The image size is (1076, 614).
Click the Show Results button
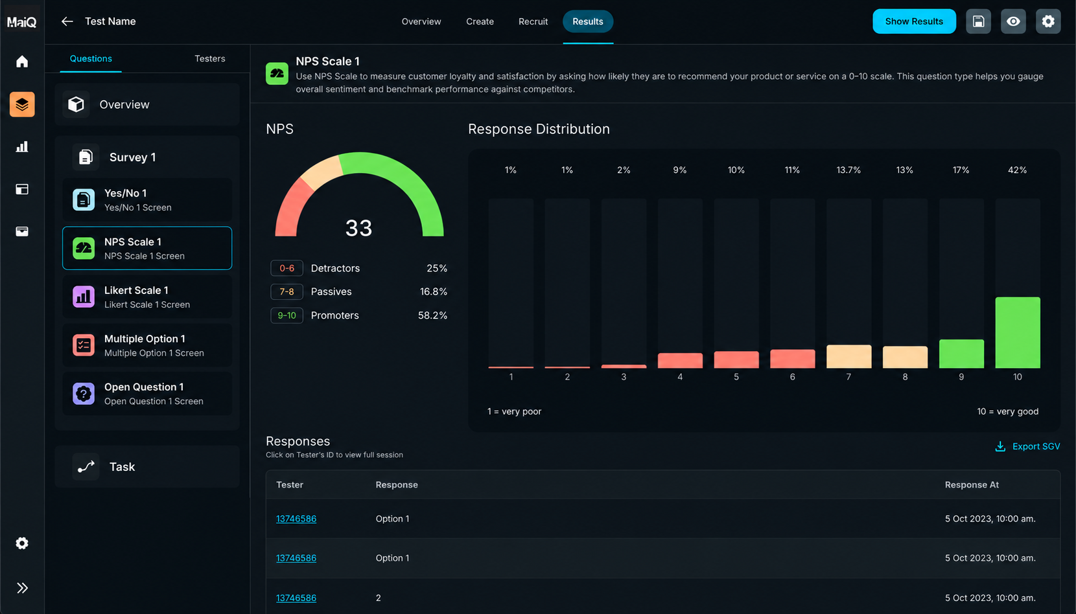914,21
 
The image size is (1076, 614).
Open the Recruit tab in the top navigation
533,21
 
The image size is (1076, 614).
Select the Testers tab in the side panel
209,58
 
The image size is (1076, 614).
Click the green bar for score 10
1018,332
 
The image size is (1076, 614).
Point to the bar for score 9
961,354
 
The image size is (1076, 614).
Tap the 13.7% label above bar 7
848,170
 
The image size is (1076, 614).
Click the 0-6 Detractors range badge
287,268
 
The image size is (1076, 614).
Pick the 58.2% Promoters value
432,315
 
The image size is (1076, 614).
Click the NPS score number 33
358,228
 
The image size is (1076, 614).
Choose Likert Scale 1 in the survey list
147,297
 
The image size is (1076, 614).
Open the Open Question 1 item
147,394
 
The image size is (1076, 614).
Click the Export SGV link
1027,446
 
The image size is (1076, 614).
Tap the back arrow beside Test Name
67,21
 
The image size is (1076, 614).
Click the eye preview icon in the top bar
1013,21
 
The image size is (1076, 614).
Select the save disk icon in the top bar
979,21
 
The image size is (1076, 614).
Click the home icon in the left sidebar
22,62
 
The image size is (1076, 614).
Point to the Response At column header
972,485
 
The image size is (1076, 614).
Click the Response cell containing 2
378,598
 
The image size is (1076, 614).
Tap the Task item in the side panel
147,466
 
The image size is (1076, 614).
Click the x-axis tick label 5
736,377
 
